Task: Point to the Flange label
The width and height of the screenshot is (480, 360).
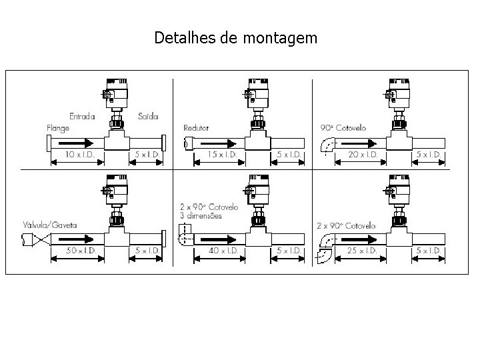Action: coord(58,127)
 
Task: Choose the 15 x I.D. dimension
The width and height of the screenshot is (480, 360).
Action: coord(221,155)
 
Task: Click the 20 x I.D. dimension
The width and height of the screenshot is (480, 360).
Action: coord(364,155)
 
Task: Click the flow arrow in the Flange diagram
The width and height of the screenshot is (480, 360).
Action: coord(73,143)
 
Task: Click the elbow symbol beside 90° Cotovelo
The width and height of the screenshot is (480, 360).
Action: coord(328,145)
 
